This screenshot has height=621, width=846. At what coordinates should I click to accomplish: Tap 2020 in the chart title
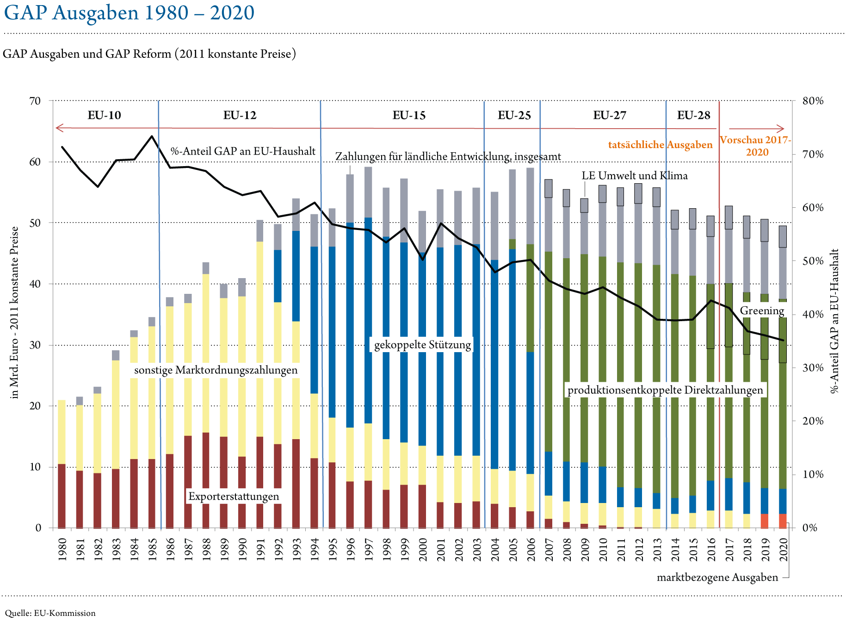coord(232,12)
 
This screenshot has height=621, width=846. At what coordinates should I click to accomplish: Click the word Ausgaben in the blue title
coord(95,13)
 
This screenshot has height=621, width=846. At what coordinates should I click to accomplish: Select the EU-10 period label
coord(105,115)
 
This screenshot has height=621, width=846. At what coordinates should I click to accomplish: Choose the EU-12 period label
coord(241,115)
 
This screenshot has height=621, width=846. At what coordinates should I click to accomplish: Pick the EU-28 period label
coord(693,115)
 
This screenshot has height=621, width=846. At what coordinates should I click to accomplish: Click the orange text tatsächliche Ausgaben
coord(660,145)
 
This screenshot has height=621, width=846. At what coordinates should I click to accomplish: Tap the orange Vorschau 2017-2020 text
coord(756,146)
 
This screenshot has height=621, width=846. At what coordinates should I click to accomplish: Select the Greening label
coord(762,310)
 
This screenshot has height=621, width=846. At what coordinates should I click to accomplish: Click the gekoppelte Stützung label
coord(422,345)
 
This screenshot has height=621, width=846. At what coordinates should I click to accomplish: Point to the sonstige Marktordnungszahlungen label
coord(216,370)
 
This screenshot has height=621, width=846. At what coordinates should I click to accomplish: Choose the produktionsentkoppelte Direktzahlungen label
coord(665,390)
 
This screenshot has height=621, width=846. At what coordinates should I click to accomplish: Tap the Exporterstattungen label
coord(234,497)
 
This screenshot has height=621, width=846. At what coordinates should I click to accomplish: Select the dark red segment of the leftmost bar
coord(62,495)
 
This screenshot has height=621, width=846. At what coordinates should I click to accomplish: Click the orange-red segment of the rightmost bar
coord(783,521)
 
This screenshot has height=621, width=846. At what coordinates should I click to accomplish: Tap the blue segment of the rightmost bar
coord(783,501)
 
